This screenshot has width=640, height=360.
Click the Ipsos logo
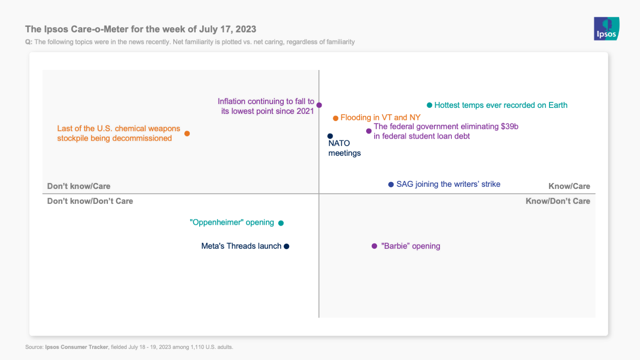(607, 29)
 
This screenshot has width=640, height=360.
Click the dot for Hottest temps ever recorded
(429, 105)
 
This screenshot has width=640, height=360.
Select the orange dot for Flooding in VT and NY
(335, 118)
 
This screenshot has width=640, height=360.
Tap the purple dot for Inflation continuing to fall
(319, 105)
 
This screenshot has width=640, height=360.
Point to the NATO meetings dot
(330, 136)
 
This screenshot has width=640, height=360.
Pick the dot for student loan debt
(369, 131)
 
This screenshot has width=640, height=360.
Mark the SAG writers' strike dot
(391, 185)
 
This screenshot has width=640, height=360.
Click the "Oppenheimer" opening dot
(281, 223)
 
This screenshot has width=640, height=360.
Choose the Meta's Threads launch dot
(287, 246)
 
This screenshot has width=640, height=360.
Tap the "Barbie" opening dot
(374, 246)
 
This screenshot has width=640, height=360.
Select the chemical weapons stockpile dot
(187, 134)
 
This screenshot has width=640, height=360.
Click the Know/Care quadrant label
(569, 186)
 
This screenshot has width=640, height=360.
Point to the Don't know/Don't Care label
(90, 201)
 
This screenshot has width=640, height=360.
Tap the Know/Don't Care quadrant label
(558, 201)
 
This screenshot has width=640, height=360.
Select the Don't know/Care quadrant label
(79, 186)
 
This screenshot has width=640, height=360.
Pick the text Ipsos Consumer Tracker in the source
(76, 347)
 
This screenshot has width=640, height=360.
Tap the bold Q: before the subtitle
(29, 42)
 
